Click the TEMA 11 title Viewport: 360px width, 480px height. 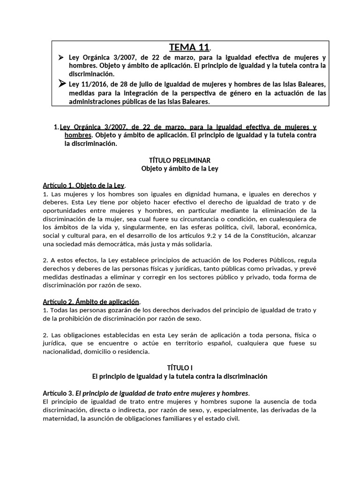pyautogui.click(x=189, y=47)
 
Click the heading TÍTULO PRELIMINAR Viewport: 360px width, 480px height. pyautogui.click(x=180, y=160)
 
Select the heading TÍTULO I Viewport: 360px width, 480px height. pyautogui.click(x=180, y=368)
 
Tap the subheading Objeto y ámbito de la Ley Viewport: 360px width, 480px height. pyautogui.click(x=180, y=168)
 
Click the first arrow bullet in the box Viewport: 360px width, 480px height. pyautogui.click(x=60, y=57)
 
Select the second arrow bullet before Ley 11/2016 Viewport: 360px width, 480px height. pyautogui.click(x=61, y=84)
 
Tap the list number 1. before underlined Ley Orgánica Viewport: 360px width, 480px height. pyautogui.click(x=56, y=127)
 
